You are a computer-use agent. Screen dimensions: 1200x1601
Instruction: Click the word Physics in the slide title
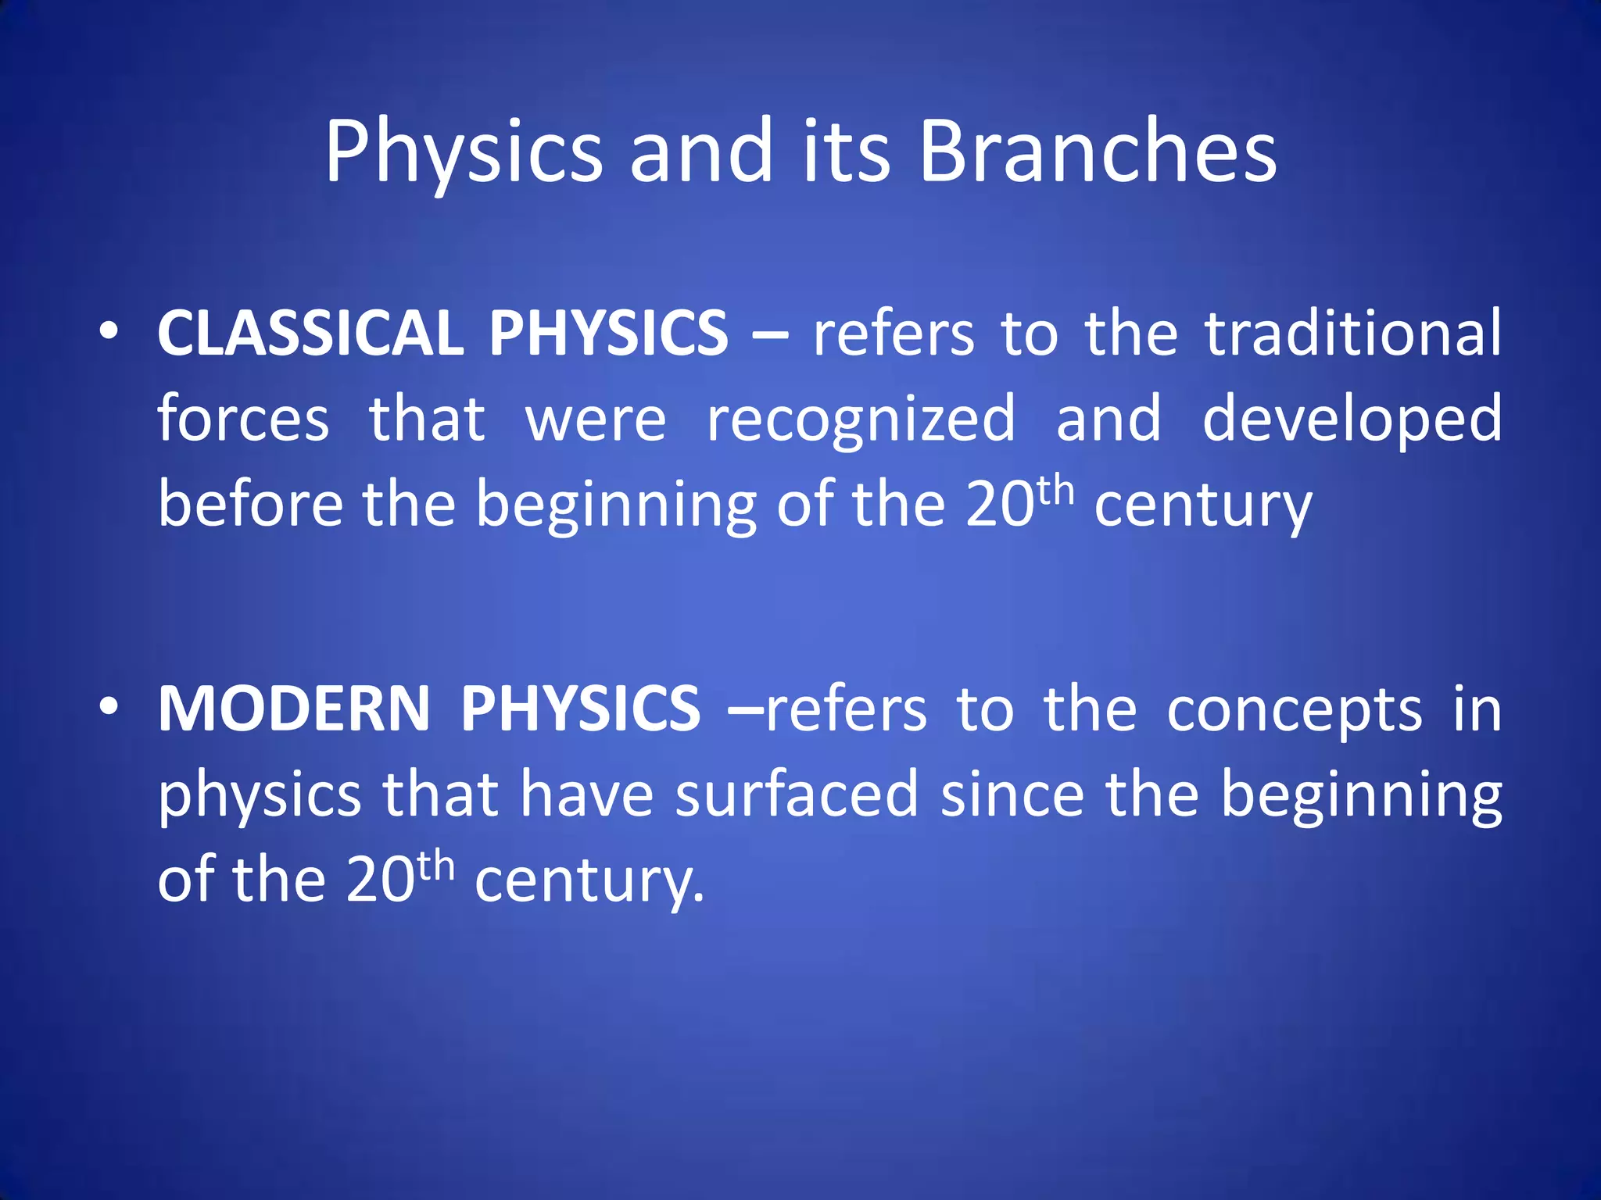[464, 152]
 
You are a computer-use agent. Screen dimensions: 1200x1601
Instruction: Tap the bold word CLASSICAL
[310, 334]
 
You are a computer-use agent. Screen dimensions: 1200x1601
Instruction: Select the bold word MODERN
[294, 709]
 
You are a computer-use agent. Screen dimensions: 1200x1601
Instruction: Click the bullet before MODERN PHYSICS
[109, 707]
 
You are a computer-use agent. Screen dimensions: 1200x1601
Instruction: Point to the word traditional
[1352, 334]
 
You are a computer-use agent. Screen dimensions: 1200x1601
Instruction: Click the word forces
[243, 420]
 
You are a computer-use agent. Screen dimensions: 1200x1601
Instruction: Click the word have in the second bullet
[586, 795]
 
